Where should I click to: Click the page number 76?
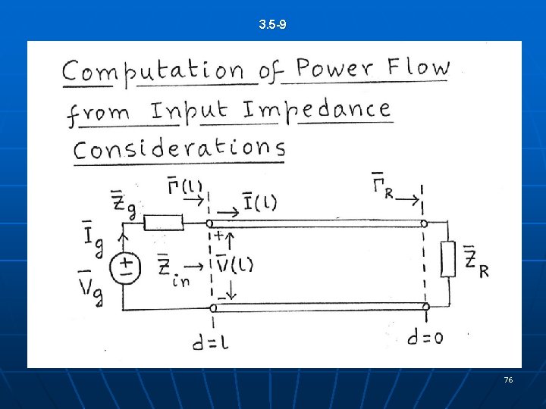pyautogui.click(x=508, y=379)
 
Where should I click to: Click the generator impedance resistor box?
pyautogui.click(x=164, y=223)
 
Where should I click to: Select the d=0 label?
pyautogui.click(x=425, y=339)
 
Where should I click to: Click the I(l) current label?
pyautogui.click(x=259, y=203)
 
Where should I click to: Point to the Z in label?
pyautogui.click(x=172, y=270)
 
